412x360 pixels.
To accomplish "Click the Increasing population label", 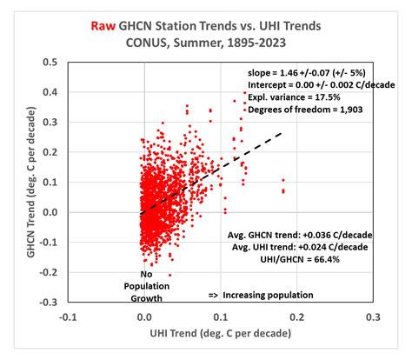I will pyautogui.click(x=261, y=295).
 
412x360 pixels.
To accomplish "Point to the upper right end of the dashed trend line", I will pyautogui.click(x=282, y=133).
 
